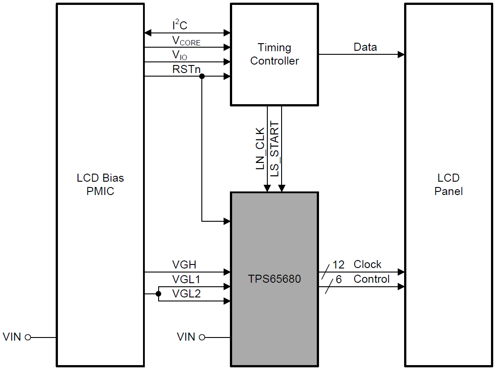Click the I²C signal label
(x=180, y=26)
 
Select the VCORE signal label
(x=186, y=41)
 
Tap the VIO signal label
(x=180, y=56)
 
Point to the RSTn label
(x=186, y=69)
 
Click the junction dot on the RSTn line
(x=202, y=77)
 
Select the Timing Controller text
(x=274, y=54)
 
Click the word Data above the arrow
(x=365, y=47)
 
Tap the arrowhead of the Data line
(x=401, y=54)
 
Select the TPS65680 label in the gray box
(x=274, y=279)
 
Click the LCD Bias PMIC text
(x=100, y=185)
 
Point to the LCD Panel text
(x=448, y=185)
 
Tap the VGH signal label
(x=184, y=265)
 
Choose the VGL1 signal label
(x=186, y=280)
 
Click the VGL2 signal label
(x=186, y=294)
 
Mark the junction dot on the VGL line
(x=158, y=294)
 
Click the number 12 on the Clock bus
(x=339, y=265)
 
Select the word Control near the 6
(x=372, y=279)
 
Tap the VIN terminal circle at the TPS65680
(x=202, y=337)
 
